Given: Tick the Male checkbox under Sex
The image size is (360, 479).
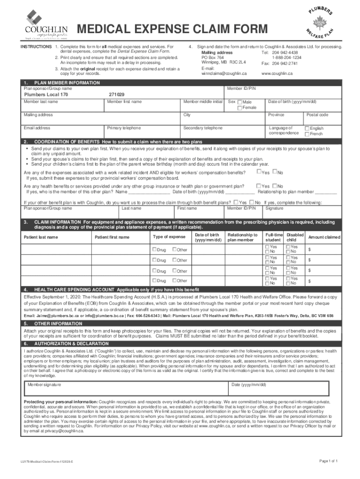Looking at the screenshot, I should [x=240, y=102].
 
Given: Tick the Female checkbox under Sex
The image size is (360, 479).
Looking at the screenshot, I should [x=240, y=109].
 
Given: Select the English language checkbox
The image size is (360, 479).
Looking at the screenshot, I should [x=307, y=129].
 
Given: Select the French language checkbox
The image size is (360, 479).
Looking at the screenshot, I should [x=307, y=134].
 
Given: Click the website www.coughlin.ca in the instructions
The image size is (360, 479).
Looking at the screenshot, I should [x=277, y=74].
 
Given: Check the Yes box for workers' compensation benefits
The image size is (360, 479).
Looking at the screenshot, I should [x=259, y=172].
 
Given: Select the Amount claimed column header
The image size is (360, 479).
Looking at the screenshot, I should [x=324, y=237].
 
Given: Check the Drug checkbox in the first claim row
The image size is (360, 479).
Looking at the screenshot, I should [x=154, y=249].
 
